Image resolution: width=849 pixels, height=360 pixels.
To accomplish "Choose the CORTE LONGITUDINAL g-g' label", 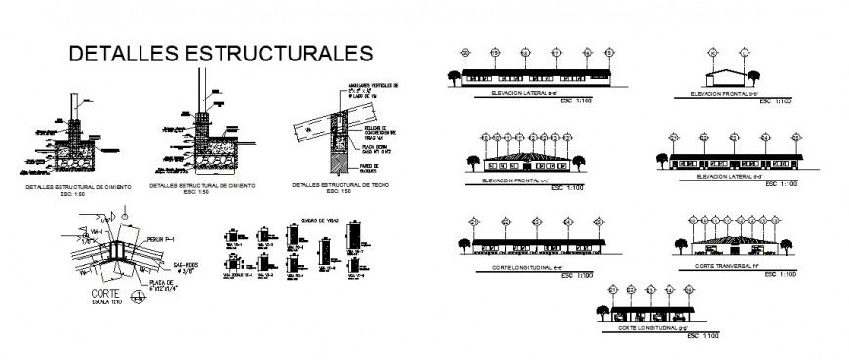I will coord(649,328).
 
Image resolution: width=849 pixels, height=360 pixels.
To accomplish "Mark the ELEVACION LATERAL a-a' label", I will coord(518,96).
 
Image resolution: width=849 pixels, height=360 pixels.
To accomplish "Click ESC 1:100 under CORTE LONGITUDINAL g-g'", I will coord(702,337).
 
